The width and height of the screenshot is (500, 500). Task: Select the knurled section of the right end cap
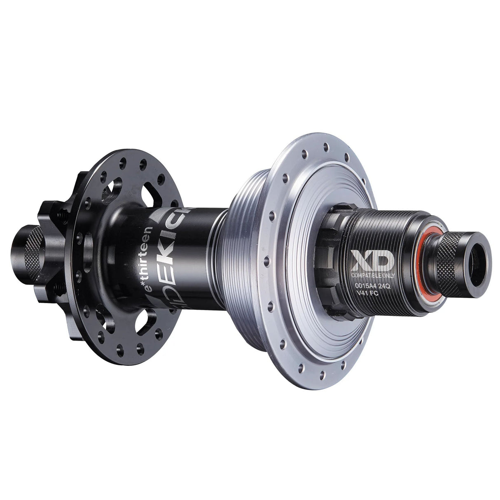click(451, 261)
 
